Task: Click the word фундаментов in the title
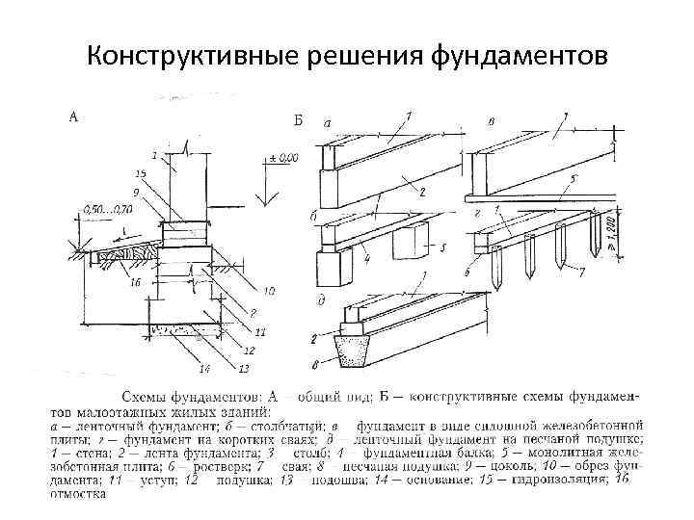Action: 518,56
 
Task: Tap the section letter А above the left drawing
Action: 72,117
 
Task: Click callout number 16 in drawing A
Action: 135,282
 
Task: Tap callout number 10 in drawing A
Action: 268,290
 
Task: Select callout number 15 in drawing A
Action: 141,173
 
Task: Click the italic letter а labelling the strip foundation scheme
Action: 327,123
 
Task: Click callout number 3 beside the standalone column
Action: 444,247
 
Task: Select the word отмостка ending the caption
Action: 76,495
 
